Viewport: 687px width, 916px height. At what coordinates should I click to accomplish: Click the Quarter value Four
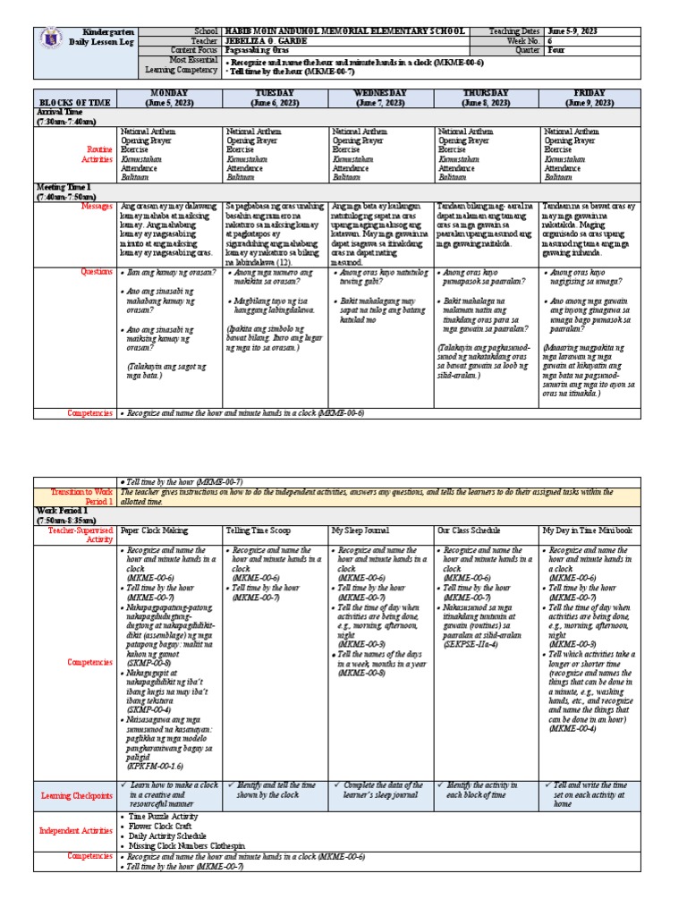click(556, 51)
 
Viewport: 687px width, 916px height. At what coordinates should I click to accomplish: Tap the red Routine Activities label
click(89, 154)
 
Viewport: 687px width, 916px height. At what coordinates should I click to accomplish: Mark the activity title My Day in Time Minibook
click(591, 530)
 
